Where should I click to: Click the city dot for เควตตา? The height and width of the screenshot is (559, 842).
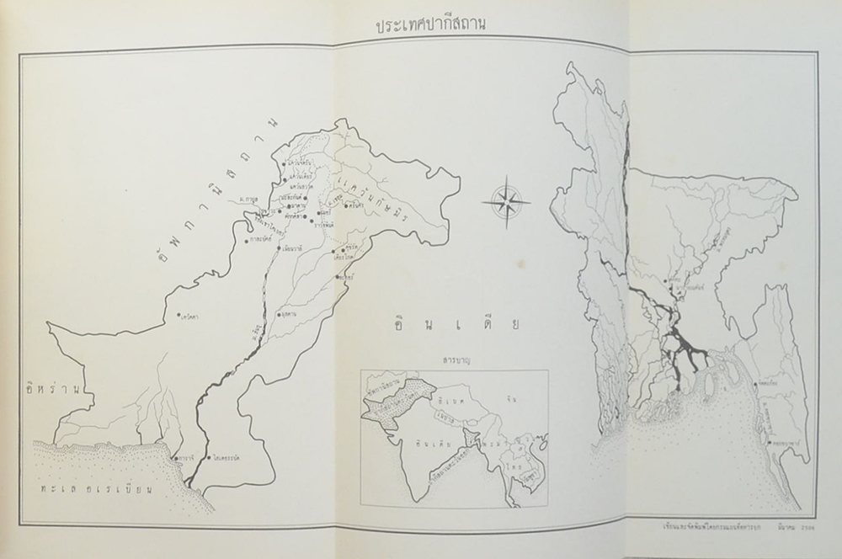[x=179, y=318]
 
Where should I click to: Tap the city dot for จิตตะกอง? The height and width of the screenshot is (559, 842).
[x=752, y=384]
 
